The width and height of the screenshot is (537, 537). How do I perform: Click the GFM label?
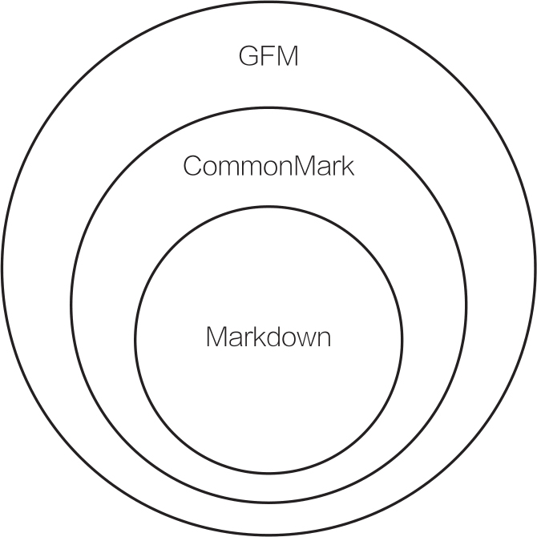point(268,57)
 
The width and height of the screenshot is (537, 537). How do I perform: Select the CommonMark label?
point(268,167)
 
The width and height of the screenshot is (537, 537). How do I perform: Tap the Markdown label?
point(268,337)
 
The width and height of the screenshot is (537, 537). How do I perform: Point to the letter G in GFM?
point(250,57)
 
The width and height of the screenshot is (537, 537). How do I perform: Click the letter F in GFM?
point(268,57)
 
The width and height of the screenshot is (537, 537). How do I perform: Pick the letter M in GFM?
point(286,57)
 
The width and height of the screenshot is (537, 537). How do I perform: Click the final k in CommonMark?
point(348,167)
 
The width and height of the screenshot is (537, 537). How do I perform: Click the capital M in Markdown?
point(217,337)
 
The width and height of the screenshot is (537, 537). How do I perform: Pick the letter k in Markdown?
point(253,337)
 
